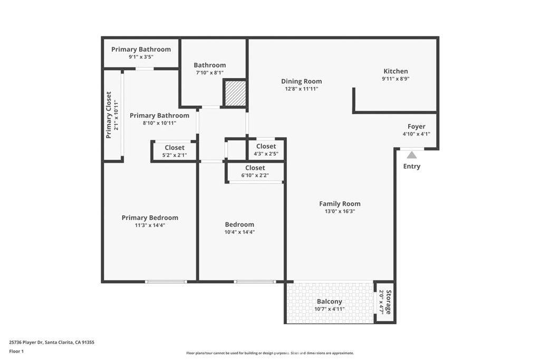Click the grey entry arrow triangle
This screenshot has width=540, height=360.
(411, 155)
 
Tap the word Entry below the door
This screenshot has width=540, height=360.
(412, 167)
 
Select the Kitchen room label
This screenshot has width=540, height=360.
(396, 71)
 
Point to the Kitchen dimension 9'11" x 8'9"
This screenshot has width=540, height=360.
(396, 79)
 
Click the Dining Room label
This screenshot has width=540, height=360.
(301, 81)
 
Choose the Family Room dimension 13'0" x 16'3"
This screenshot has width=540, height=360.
(340, 211)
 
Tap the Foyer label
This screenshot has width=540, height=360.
(416, 127)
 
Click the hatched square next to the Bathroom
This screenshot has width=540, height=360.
(235, 93)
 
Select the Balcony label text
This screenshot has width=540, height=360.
(330, 301)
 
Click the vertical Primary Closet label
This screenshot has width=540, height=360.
(109, 115)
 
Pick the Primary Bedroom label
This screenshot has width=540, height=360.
(150, 218)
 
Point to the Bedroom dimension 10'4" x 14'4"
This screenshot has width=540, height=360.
(239, 232)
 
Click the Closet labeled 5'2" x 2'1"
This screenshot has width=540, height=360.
(175, 155)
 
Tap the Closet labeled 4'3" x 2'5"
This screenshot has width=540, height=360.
(266, 153)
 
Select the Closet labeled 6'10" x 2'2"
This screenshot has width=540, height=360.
(255, 175)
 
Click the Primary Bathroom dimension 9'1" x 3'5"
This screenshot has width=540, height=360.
(141, 57)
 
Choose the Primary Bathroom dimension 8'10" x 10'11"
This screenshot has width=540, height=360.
(159, 123)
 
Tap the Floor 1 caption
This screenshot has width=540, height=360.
(17, 351)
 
